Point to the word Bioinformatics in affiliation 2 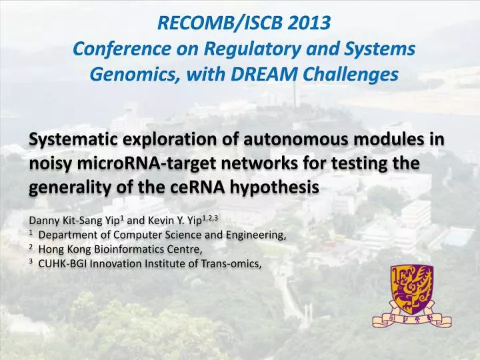[x=123, y=249]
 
